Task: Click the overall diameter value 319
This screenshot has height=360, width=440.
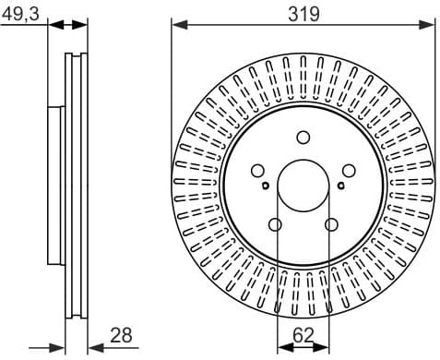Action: coord(303,13)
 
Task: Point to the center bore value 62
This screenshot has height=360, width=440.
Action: coord(303,337)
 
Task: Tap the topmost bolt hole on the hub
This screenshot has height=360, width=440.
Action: coord(303,138)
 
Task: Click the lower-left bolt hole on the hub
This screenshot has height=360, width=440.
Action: coord(275,224)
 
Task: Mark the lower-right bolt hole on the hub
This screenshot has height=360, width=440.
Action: coord(331,224)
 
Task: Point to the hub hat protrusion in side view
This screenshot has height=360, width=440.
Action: coord(55,185)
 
